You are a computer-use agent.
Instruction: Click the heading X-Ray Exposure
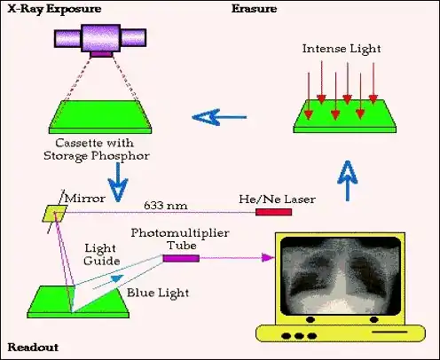[x=54, y=9]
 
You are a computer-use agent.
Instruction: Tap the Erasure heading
[x=254, y=9]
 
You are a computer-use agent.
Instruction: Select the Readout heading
[x=33, y=347]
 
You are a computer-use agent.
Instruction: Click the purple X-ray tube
[x=100, y=40]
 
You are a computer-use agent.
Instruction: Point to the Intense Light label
[x=342, y=49]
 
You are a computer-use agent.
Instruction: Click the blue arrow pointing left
[x=219, y=117]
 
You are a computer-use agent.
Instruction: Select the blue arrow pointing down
[x=118, y=183]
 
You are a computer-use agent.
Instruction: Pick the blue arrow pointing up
[x=348, y=181]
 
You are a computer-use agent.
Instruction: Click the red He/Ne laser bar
[x=273, y=212]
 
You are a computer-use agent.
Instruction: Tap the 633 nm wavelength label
[x=166, y=206]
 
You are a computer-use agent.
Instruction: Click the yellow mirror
[x=54, y=214]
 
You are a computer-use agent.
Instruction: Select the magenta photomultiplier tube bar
[x=181, y=258]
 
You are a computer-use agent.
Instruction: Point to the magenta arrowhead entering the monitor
[x=268, y=257]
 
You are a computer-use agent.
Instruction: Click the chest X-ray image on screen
[x=341, y=276]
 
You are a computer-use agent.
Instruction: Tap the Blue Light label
[x=158, y=293]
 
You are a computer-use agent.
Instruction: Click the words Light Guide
[x=101, y=254]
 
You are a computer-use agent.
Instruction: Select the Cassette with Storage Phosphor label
[x=97, y=150]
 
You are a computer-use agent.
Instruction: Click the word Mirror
[x=85, y=199]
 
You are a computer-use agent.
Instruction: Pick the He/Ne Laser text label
[x=277, y=199]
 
